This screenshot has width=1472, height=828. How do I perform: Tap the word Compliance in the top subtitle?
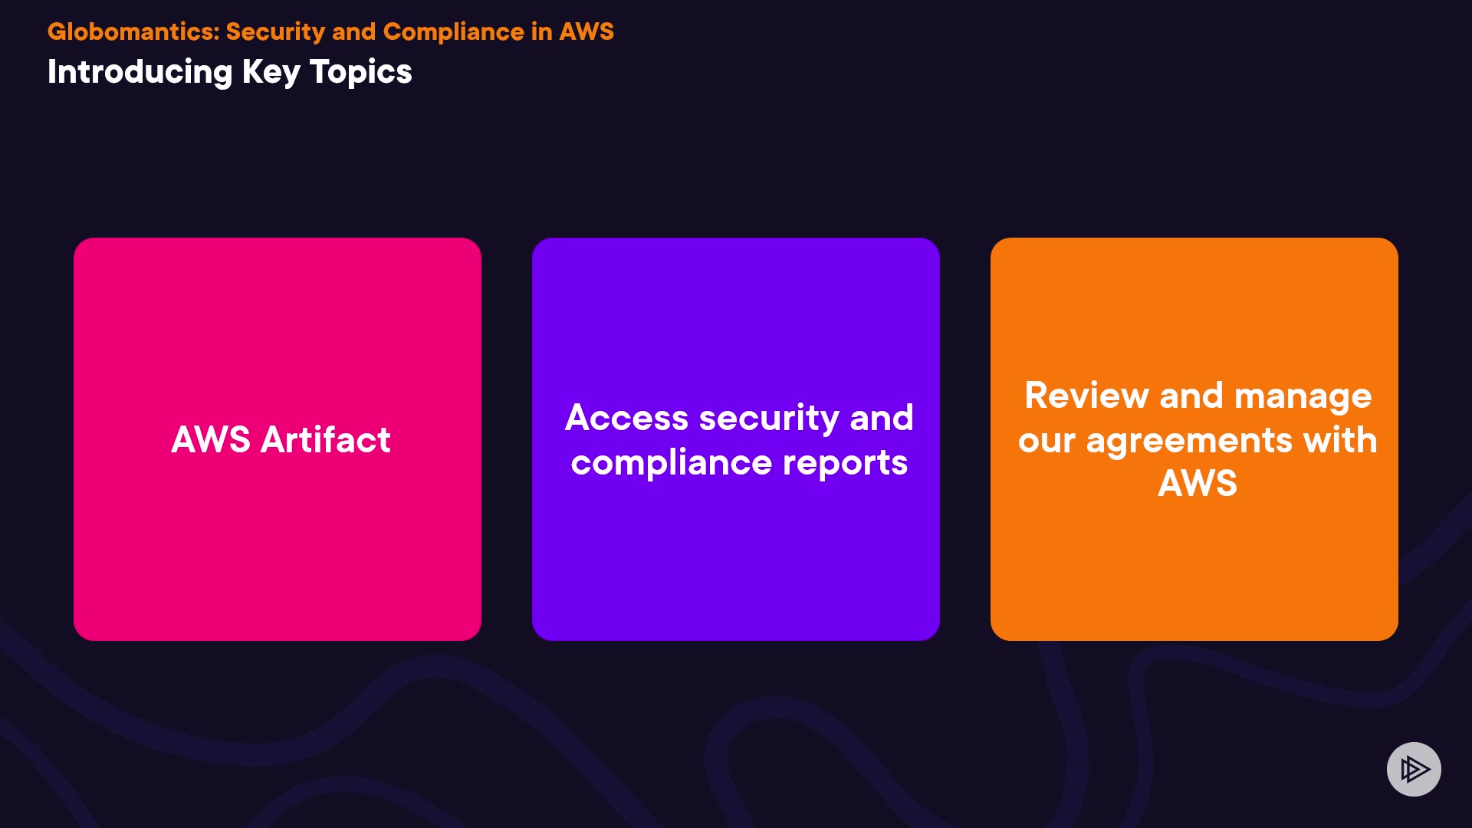[453, 31]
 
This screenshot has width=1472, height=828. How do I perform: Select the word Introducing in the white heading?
[140, 72]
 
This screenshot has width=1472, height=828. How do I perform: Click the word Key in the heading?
[271, 72]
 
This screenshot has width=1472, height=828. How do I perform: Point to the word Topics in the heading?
[361, 72]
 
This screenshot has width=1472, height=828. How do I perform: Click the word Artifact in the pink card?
[326, 440]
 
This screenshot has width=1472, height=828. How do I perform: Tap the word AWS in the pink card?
[211, 440]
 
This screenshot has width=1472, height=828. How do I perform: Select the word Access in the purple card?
[626, 418]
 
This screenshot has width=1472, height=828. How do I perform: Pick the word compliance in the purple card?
[672, 462]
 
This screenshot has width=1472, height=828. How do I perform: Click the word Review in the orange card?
[1086, 396]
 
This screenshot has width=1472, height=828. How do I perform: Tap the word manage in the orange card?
[1303, 396]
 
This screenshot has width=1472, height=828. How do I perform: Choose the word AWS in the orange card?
[1197, 484]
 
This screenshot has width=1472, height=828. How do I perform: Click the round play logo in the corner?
[1414, 769]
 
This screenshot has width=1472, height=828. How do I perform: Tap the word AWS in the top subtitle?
[586, 31]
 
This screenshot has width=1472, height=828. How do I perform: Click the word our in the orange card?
[1046, 440]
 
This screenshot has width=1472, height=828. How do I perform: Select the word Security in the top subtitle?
[275, 31]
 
